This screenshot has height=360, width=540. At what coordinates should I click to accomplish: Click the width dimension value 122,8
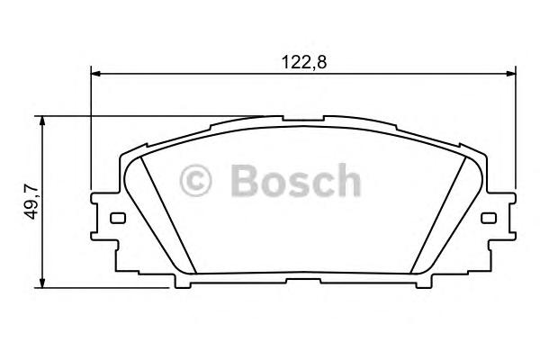[303, 63]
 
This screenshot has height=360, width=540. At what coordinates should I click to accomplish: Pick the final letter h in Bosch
[346, 182]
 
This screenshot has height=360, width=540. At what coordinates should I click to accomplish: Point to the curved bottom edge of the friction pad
[303, 273]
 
